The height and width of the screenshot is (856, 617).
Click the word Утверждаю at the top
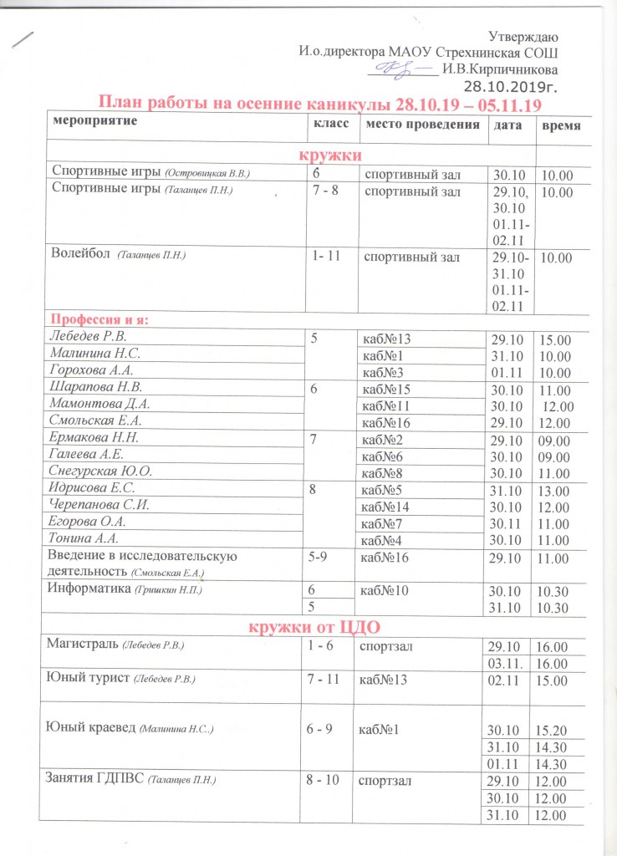click(x=523, y=35)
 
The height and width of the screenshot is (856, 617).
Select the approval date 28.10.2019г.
click(x=511, y=85)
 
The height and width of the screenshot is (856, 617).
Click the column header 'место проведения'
click(x=420, y=125)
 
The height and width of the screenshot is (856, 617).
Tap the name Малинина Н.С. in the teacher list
click(x=93, y=354)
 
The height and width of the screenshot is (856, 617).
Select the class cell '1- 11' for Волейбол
click(x=328, y=257)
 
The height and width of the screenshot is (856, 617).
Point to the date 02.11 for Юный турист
click(x=503, y=681)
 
